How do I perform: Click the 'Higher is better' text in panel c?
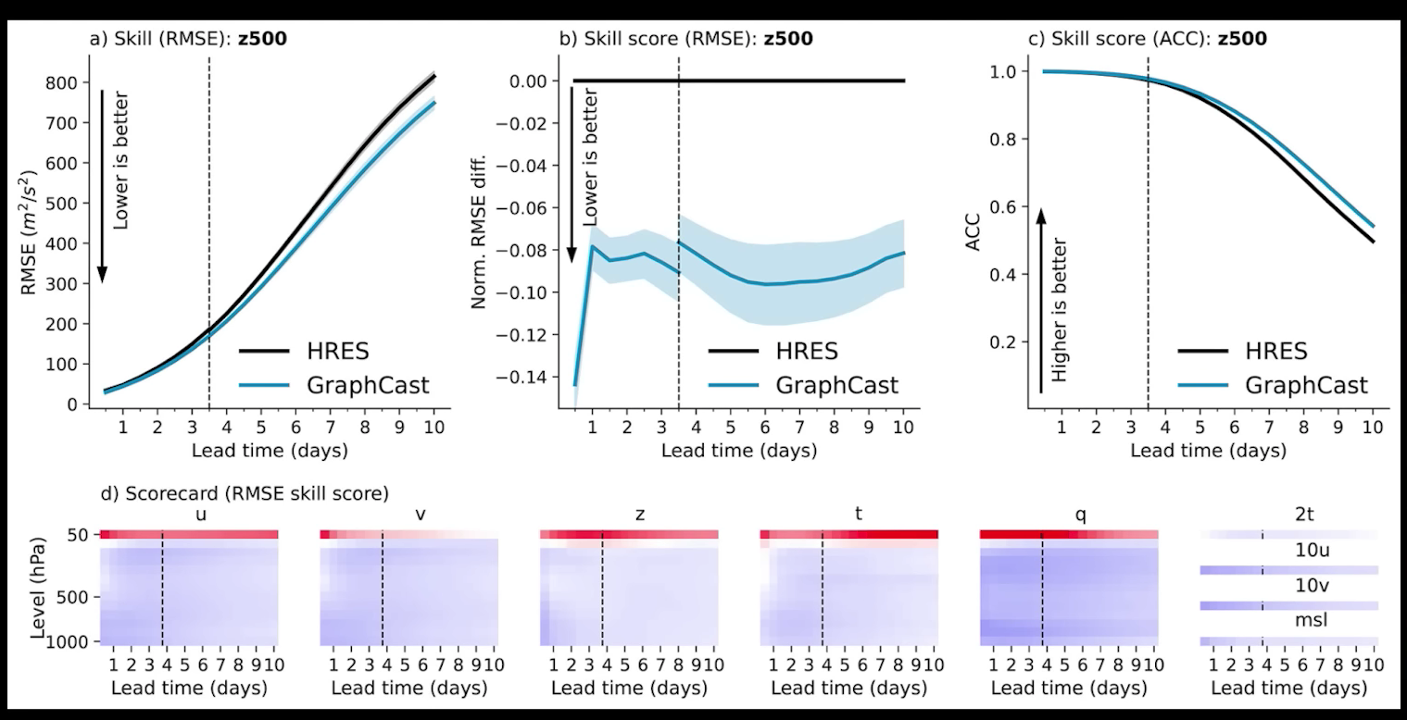tap(1061, 310)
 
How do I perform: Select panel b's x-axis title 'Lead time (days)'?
tap(739, 452)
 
